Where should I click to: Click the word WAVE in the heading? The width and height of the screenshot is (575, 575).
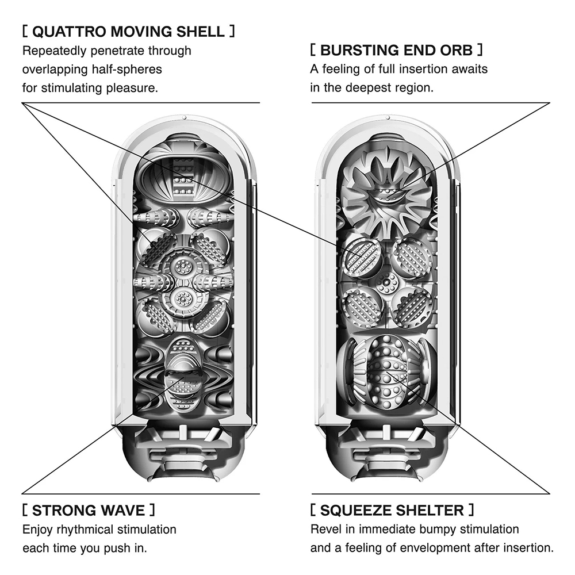pos(121,510)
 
